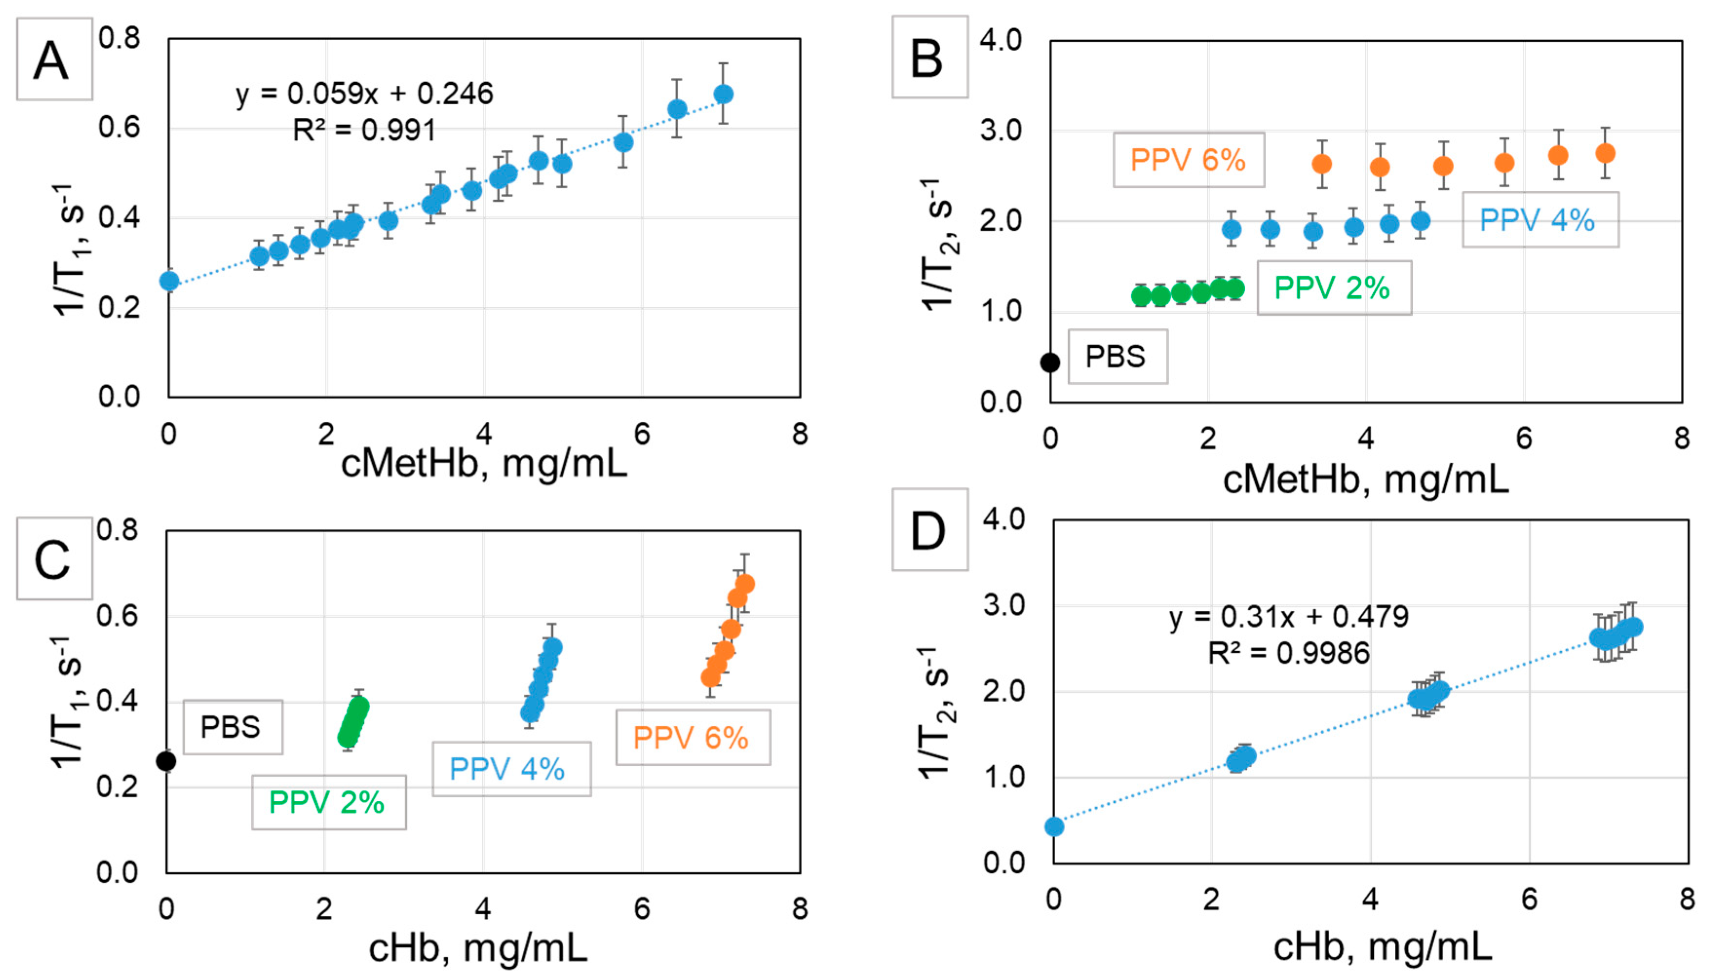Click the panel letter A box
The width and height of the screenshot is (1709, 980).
[54, 59]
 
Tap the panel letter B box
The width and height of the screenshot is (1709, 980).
[930, 57]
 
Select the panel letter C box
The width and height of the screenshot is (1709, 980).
[54, 558]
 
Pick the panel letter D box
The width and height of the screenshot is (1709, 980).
[930, 530]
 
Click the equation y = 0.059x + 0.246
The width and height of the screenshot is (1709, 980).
[364, 94]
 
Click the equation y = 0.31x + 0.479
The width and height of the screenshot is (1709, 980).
[1288, 617]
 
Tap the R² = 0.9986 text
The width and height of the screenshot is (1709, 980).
[1288, 653]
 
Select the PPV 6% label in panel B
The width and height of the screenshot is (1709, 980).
[1188, 160]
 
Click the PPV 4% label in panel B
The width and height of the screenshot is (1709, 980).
[1539, 220]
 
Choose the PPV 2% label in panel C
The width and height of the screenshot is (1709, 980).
[328, 802]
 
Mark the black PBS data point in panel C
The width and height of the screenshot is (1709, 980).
[166, 761]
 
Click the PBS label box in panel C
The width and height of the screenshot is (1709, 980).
[232, 727]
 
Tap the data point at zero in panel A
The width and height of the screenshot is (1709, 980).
[169, 281]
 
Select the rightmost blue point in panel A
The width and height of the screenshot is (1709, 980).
[723, 94]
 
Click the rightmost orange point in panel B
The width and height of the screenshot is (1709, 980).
[1605, 153]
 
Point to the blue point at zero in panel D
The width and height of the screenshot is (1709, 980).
[1055, 827]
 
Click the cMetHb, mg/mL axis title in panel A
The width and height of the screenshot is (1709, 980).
[484, 464]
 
